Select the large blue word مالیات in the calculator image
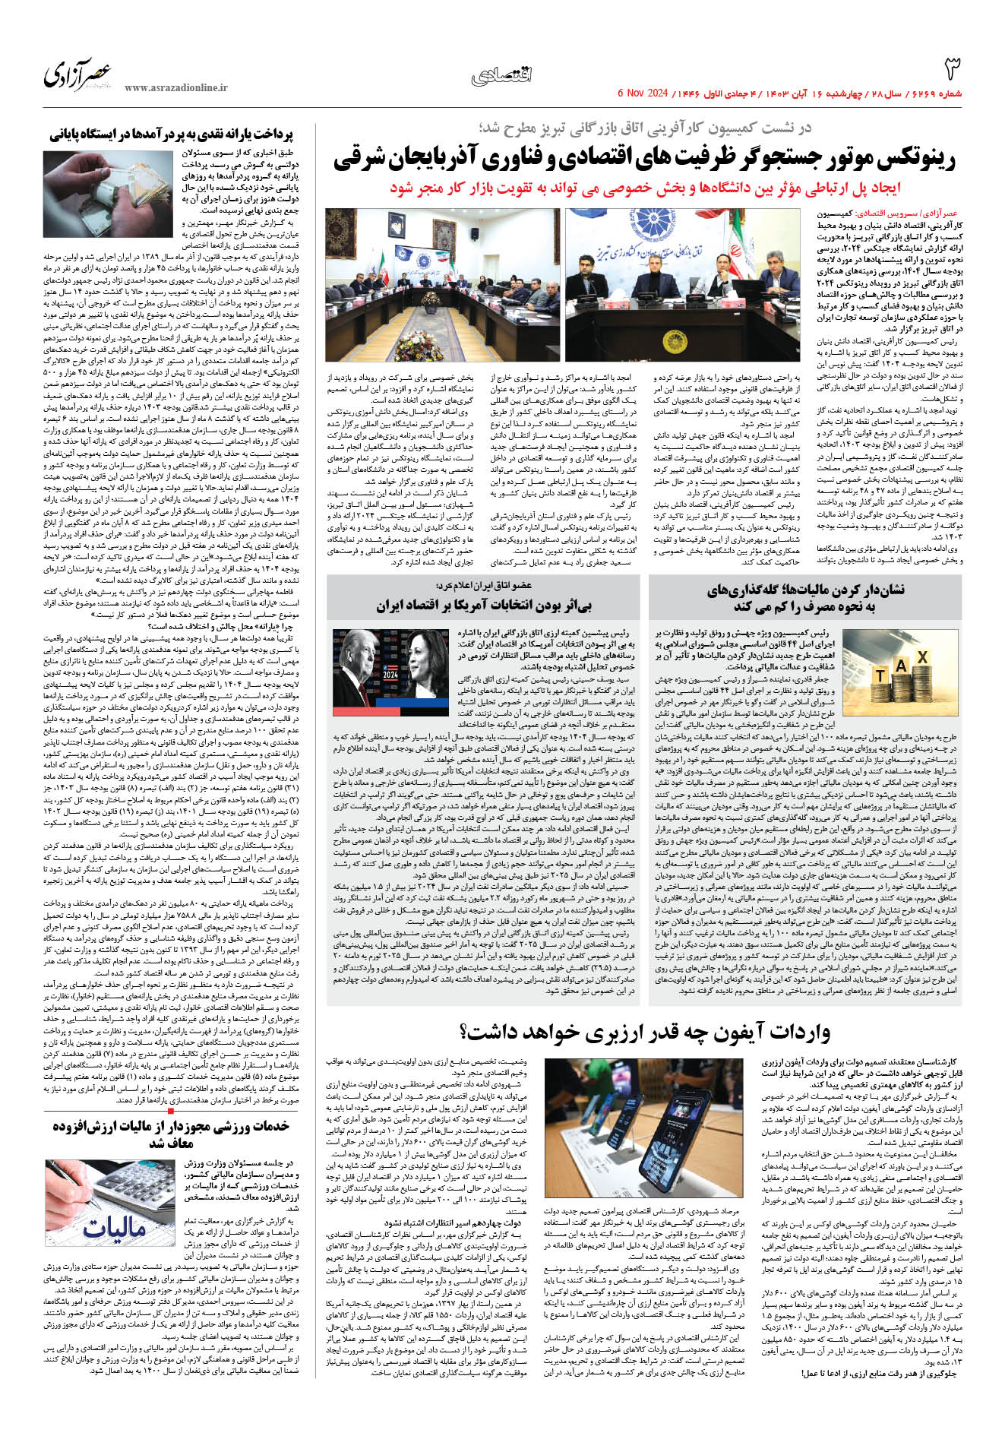click(x=114, y=1227)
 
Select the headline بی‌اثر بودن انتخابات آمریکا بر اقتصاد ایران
click(x=483, y=606)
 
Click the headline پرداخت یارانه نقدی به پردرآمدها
click(x=172, y=134)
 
